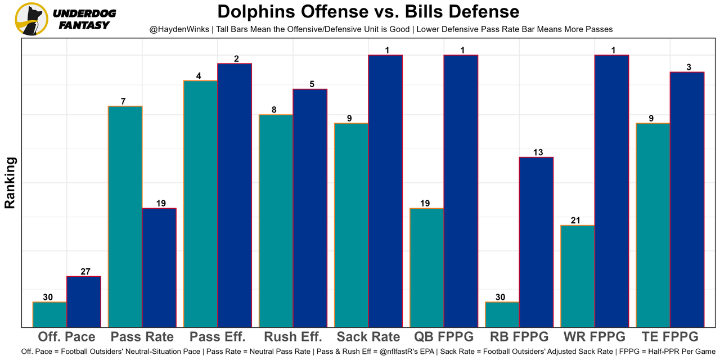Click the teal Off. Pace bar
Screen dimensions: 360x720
point(49,314)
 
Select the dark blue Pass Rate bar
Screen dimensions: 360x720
point(159,268)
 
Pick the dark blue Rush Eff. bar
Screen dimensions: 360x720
point(310,208)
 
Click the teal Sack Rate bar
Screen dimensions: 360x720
point(352,225)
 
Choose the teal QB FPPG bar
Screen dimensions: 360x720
point(427,268)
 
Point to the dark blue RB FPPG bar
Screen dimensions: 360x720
point(536,242)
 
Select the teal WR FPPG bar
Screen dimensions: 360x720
point(578,276)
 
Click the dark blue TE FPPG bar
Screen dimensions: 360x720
point(687,200)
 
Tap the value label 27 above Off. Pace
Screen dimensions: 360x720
point(85,272)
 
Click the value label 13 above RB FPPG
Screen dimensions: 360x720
point(537,152)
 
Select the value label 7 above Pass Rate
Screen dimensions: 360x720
point(123,102)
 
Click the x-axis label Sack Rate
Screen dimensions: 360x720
point(368,337)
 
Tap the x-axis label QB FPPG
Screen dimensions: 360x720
point(444,337)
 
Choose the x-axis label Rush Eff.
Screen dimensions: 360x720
point(293,337)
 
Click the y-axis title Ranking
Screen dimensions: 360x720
point(10,183)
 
